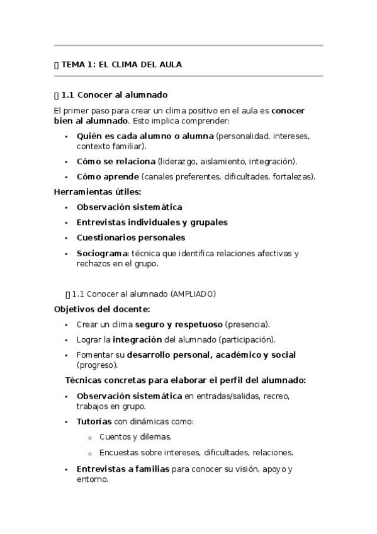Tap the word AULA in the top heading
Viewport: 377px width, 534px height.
[x=170, y=64]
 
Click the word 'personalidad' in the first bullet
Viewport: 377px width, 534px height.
[x=242, y=135]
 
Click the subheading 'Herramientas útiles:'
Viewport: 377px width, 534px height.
[x=98, y=191]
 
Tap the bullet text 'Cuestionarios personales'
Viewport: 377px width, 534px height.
[x=131, y=238]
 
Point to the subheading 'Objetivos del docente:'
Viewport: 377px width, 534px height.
[x=102, y=309]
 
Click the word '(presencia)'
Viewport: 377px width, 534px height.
[x=247, y=324]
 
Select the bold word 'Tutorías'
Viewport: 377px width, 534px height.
[x=94, y=421]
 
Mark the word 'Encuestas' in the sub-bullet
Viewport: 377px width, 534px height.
[x=118, y=452]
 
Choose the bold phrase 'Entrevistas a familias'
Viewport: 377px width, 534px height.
[x=123, y=469]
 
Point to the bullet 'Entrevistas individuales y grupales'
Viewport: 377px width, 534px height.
[x=152, y=222]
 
